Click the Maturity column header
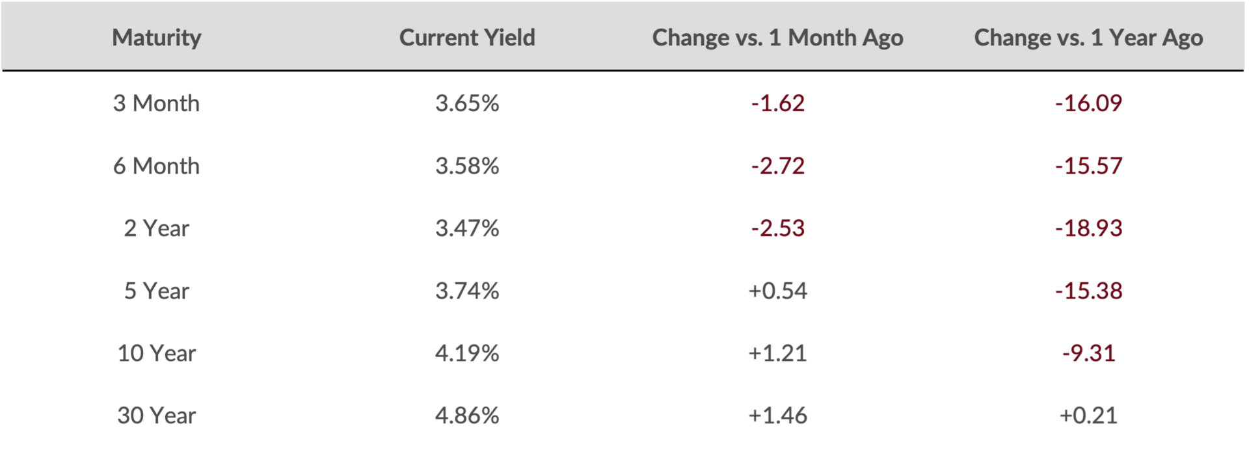point(157,38)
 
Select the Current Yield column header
point(467,38)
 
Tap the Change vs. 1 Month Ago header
point(777,38)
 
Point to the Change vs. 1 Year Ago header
point(1088,38)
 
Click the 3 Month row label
point(157,103)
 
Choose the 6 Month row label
point(157,166)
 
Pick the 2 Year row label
point(157,228)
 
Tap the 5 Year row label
point(157,291)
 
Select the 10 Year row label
point(157,353)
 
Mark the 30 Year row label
point(157,416)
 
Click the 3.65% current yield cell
point(467,103)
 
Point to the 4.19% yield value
point(467,353)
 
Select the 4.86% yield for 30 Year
point(467,416)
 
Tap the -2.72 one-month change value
point(778,166)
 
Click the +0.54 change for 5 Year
point(778,291)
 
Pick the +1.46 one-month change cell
point(778,416)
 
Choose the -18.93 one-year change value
point(1089,228)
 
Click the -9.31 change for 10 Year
point(1089,353)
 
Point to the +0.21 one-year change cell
point(1089,416)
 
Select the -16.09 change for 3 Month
point(1089,103)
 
